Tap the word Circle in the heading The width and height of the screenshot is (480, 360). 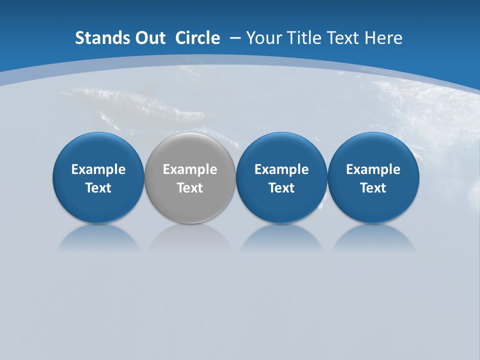coord(197,38)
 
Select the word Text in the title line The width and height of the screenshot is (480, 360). coord(340,38)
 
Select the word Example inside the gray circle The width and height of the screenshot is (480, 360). coord(190,169)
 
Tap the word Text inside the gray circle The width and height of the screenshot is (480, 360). coord(190,188)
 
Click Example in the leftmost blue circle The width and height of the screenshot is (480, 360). coord(98,169)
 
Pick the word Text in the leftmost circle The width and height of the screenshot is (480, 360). coord(98,188)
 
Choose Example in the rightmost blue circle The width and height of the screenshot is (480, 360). coord(373,169)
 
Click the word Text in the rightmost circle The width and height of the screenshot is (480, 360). coord(373,188)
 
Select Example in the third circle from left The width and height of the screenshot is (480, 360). coord(281,169)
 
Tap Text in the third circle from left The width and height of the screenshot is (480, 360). coord(281,188)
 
